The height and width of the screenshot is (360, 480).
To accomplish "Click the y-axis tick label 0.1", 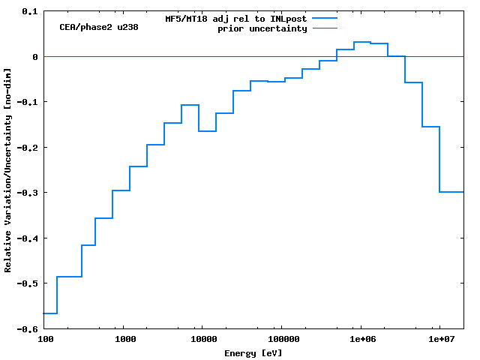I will (x=30, y=12).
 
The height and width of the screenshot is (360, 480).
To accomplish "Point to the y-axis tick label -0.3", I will (x=28, y=193).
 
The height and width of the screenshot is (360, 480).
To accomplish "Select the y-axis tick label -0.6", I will (x=28, y=329).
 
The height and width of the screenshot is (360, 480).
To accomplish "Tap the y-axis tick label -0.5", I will (x=28, y=283).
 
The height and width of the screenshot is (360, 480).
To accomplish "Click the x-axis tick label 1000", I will (x=124, y=340).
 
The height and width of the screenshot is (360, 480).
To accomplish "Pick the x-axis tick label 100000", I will (x=280, y=340).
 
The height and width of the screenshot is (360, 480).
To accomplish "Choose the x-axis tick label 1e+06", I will (x=360, y=340).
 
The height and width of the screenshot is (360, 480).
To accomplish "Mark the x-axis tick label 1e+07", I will (x=439, y=340).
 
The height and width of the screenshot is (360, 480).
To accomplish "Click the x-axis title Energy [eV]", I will (x=253, y=352).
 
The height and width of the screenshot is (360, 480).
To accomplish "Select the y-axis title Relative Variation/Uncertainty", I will (x=8, y=170).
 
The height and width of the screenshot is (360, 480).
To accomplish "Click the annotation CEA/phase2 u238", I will (x=99, y=27).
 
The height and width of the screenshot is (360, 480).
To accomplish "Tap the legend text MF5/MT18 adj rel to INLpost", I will (x=236, y=19).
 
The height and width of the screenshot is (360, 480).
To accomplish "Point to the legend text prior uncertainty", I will (x=262, y=28).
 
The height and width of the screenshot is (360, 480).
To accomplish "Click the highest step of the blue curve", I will (x=362, y=42).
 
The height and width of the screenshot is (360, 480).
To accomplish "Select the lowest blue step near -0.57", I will (x=51, y=313).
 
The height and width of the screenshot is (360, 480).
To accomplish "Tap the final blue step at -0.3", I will (x=451, y=192).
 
